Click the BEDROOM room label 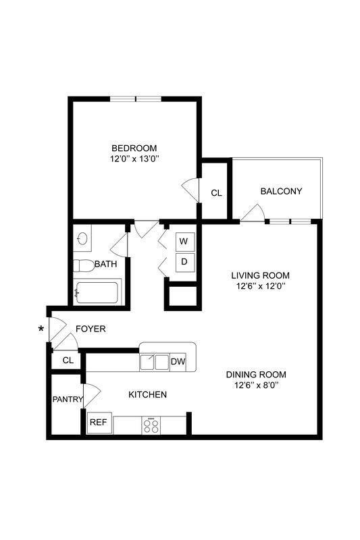pyautogui.click(x=134, y=148)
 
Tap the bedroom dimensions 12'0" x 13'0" pyautogui.click(x=134, y=159)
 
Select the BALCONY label pyautogui.click(x=281, y=192)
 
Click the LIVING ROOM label pyautogui.click(x=260, y=275)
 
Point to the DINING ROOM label pyautogui.click(x=257, y=375)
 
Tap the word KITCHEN pyautogui.click(x=147, y=394)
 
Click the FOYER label pyautogui.click(x=91, y=329)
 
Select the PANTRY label pyautogui.click(x=68, y=399)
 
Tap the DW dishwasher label pyautogui.click(x=178, y=362)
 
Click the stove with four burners pyautogui.click(x=151, y=425)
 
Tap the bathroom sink pyautogui.click(x=83, y=238)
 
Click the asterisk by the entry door pyautogui.click(x=43, y=329)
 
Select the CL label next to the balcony pyautogui.click(x=216, y=193)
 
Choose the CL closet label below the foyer pyautogui.click(x=68, y=360)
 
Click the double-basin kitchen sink pyautogui.click(x=154, y=362)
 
